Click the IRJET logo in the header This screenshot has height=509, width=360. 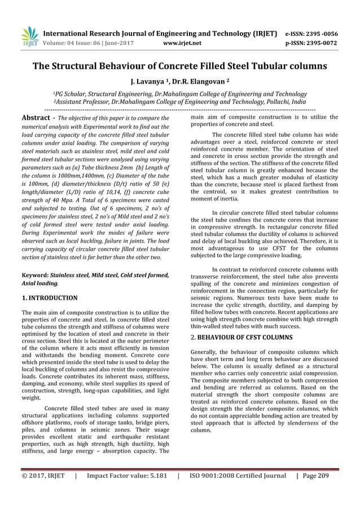tap(29, 37)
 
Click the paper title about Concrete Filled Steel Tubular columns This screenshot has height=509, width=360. tap(180, 66)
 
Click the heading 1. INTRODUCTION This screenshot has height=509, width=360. tap(49, 297)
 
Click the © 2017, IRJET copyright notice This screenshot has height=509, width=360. tap(43, 476)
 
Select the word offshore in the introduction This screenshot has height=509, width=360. tap(36, 421)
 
